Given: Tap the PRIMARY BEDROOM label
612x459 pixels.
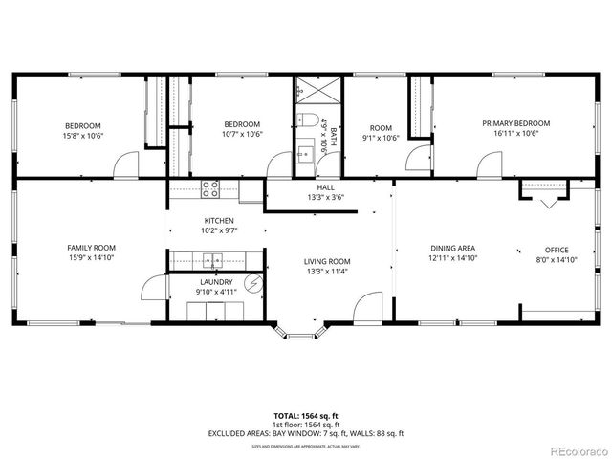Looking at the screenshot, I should click(515, 123).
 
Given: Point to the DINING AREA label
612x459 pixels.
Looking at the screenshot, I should click(451, 248).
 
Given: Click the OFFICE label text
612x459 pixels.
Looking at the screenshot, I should click(557, 250).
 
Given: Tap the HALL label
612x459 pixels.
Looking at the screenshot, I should click(326, 187).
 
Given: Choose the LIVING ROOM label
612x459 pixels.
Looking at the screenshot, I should click(327, 261).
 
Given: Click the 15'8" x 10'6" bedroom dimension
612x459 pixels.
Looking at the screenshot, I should click(83, 136).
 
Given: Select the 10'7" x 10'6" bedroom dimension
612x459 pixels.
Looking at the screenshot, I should click(242, 135).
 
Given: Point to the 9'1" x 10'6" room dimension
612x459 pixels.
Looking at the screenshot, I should click(381, 138).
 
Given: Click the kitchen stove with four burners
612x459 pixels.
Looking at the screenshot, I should click(210, 188).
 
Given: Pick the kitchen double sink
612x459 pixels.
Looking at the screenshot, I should click(212, 258).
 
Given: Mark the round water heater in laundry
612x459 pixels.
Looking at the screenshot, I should click(253, 282).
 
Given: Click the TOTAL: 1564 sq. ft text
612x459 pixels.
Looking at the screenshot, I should click(306, 416).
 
